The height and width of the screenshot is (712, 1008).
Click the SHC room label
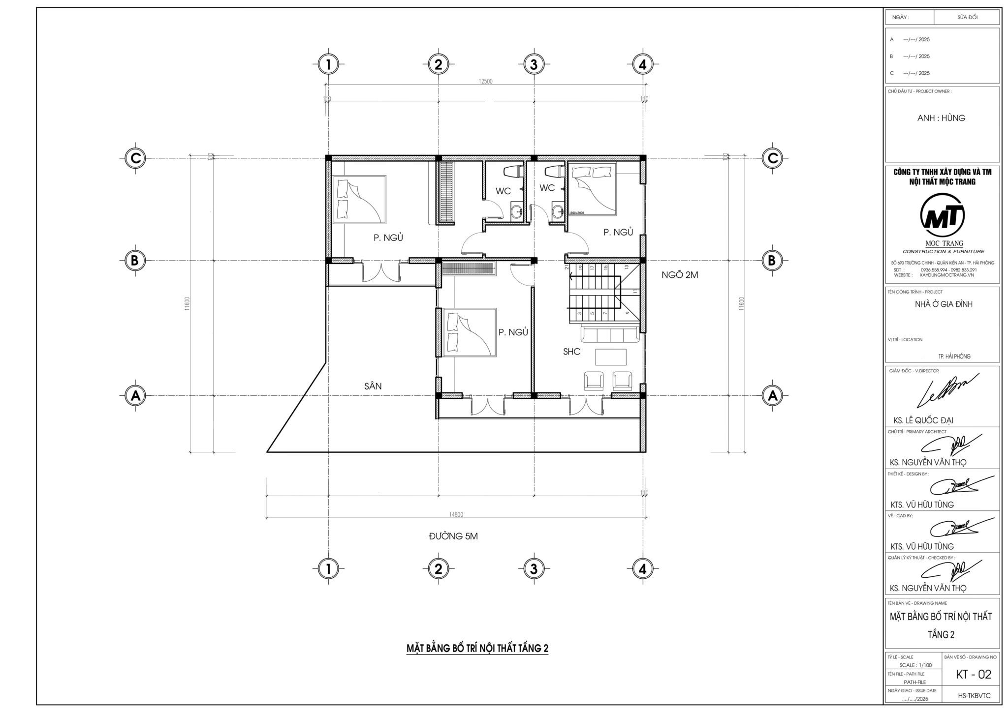click(x=571, y=352)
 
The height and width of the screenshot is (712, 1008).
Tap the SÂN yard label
click(x=373, y=386)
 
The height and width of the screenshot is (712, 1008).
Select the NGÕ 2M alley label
click(x=680, y=275)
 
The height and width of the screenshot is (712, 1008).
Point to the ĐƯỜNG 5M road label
click(x=453, y=536)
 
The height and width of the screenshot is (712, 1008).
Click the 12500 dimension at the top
click(x=485, y=82)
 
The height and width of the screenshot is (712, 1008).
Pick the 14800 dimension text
click(x=456, y=514)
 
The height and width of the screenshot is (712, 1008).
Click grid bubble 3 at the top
click(x=533, y=64)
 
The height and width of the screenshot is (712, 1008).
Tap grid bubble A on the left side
click(x=135, y=395)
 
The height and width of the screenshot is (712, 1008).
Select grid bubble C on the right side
click(x=772, y=158)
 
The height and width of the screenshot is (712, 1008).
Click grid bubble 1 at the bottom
click(x=328, y=569)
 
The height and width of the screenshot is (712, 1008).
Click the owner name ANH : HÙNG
click(x=941, y=118)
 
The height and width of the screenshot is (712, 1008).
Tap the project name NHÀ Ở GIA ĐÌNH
click(x=943, y=304)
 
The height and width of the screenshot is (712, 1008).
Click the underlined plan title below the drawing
click(x=477, y=648)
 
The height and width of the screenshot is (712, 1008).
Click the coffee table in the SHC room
click(x=611, y=357)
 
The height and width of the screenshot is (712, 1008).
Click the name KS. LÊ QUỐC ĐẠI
click(x=923, y=420)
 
